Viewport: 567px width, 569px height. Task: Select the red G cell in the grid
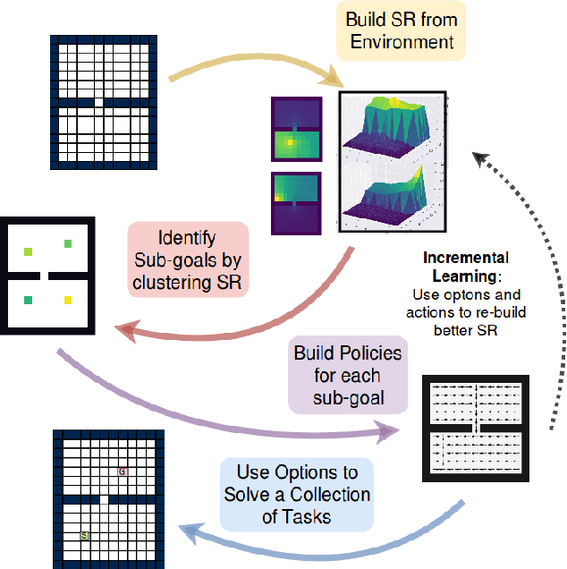coord(123,471)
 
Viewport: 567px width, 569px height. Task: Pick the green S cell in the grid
coord(85,535)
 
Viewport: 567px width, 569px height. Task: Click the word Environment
coord(401,41)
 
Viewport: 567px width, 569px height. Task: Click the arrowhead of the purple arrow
coord(390,434)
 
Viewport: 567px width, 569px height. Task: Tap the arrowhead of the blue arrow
coord(190,534)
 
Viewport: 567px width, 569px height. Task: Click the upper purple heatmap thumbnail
coord(295,132)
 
